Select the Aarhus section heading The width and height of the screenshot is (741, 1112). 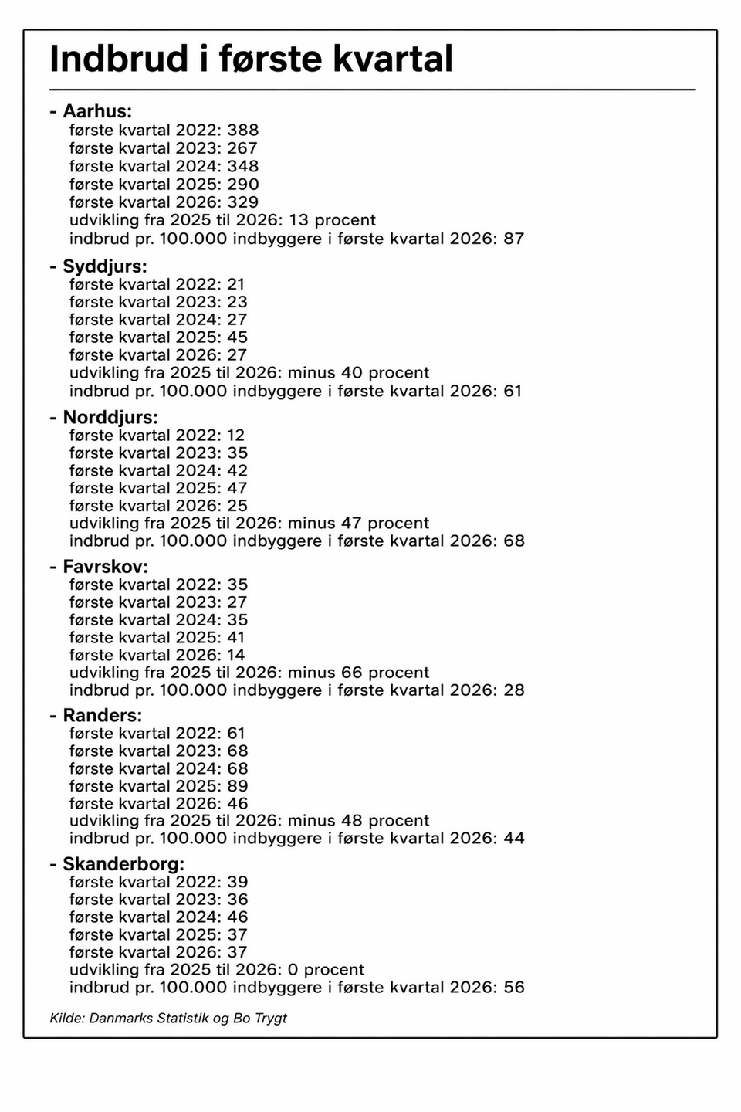(97, 111)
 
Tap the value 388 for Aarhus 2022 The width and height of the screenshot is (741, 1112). (242, 130)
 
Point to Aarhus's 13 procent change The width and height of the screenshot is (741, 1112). (332, 220)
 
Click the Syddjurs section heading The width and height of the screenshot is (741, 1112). (104, 266)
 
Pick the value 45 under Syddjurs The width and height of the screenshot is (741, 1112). (237, 337)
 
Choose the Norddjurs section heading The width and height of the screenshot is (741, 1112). (110, 417)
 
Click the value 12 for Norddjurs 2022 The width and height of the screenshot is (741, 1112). (235, 436)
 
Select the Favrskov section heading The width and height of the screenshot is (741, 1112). (105, 567)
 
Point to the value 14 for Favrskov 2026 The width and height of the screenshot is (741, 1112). (235, 655)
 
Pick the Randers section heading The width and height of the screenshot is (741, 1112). (103, 715)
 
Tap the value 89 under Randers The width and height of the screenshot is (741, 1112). (237, 786)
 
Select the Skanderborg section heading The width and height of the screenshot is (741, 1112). (123, 864)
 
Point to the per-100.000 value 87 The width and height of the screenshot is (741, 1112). (514, 239)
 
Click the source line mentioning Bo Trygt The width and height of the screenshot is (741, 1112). (168, 1018)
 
